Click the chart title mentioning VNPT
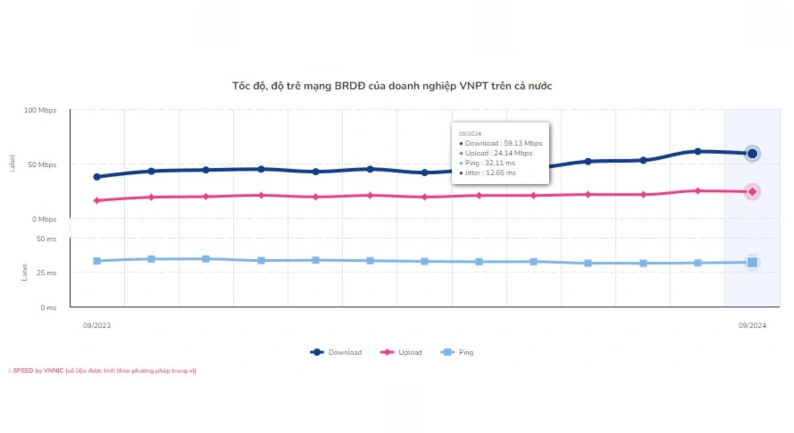click(x=392, y=86)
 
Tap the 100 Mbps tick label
click(x=40, y=110)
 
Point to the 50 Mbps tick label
click(x=42, y=165)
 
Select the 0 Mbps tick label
click(x=44, y=219)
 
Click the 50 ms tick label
click(x=47, y=239)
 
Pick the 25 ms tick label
click(x=47, y=273)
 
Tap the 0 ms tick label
click(x=49, y=308)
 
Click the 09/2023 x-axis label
click(x=97, y=326)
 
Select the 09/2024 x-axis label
click(x=752, y=326)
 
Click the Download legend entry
click(x=336, y=352)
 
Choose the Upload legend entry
click(x=401, y=352)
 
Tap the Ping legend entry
click(x=457, y=352)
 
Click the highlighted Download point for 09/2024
click(x=752, y=154)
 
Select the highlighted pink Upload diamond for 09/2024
click(x=752, y=192)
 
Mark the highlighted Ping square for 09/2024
click(x=752, y=263)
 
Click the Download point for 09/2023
click(x=97, y=177)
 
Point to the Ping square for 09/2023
click(x=97, y=261)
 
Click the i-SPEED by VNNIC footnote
click(x=102, y=370)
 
